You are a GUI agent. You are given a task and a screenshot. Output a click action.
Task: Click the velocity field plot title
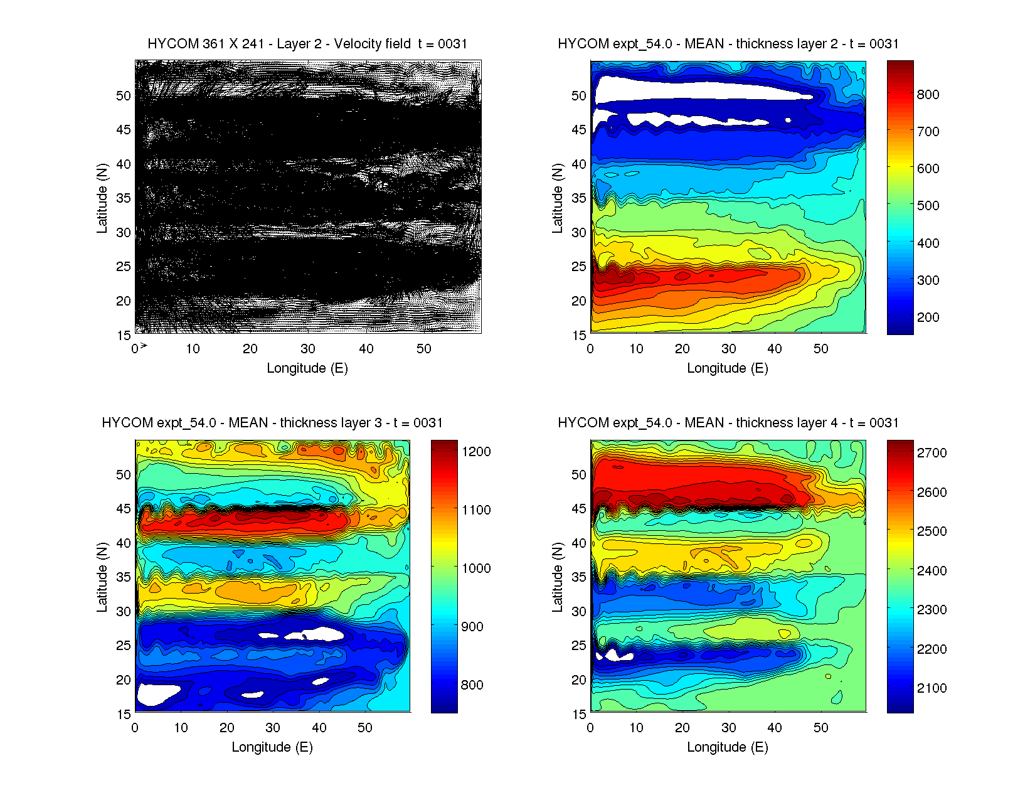point(307,44)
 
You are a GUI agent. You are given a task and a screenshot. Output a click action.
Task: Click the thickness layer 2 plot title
point(728,44)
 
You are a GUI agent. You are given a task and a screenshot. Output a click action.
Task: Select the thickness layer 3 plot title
point(272,423)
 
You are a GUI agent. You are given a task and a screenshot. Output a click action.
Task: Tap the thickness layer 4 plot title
point(728,423)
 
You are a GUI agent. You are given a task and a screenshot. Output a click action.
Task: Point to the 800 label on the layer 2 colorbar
point(928,95)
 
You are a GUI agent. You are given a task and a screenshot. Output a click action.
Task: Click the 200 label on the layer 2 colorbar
point(928,317)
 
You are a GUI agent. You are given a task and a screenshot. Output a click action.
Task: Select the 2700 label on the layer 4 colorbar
point(932,453)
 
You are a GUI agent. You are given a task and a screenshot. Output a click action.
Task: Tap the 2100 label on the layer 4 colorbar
point(932,688)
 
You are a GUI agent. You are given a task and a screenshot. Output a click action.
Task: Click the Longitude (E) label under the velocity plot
point(307,368)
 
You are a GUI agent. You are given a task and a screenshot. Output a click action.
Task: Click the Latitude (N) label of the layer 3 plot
point(102,577)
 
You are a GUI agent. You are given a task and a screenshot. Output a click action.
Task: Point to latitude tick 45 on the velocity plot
point(124,130)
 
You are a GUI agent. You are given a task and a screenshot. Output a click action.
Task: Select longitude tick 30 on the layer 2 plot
point(728,349)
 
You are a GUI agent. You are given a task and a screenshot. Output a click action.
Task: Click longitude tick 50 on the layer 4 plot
point(820,728)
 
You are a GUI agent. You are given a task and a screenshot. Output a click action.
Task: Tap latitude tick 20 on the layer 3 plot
point(124,680)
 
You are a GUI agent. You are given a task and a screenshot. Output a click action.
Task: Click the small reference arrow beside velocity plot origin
point(144,346)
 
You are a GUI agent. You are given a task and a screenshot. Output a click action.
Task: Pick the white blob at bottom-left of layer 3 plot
point(157,695)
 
